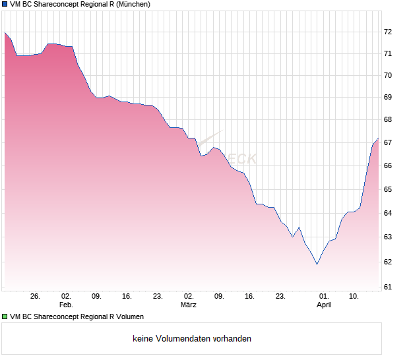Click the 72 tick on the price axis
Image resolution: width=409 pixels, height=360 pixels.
point(388,32)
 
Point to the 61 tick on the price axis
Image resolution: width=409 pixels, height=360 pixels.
point(388,287)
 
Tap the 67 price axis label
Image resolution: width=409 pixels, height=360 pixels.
point(388,143)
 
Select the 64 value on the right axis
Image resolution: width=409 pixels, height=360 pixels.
point(388,213)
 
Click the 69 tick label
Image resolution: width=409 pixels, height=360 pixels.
point(388,98)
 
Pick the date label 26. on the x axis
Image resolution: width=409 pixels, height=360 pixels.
point(36,297)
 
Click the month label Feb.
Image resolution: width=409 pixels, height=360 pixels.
point(65,305)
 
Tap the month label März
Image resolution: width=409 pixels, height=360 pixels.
point(189,305)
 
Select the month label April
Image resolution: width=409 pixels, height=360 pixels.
point(324,305)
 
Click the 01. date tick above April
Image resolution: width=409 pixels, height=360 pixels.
point(324,297)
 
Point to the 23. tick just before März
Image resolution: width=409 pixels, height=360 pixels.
point(158,297)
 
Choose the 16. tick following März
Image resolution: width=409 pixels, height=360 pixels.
point(249,297)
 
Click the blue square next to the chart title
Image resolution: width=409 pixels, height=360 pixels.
point(5,5)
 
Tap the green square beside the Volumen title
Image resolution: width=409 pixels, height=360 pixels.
point(5,317)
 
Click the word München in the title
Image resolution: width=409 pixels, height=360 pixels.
point(132,5)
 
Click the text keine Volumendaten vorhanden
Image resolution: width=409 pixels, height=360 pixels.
point(192,339)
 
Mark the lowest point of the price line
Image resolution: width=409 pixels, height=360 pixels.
point(317,264)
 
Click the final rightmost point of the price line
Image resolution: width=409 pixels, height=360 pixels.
point(378,138)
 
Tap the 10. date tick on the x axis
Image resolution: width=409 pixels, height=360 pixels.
point(354,297)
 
